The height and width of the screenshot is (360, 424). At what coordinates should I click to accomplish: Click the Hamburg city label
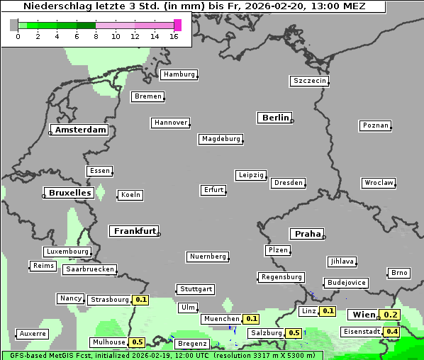pos(179,74)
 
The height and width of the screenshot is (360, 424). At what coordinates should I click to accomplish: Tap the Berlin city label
pos(275,118)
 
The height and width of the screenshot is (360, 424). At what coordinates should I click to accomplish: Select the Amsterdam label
pos(80,130)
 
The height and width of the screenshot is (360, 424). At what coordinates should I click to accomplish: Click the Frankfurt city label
pos(135,231)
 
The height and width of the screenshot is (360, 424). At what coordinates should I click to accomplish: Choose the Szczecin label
pos(310,81)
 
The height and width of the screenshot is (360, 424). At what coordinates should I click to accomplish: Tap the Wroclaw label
pos(379,183)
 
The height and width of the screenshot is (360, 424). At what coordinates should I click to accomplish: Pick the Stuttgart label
pos(196,289)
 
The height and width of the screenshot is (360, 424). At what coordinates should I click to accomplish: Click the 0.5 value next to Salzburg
pos(294,333)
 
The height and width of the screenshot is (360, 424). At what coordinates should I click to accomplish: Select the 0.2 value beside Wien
pos(391,315)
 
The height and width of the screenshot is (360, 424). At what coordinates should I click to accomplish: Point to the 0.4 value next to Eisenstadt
pos(392,332)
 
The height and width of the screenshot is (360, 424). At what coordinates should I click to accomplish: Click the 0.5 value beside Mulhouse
pos(138,342)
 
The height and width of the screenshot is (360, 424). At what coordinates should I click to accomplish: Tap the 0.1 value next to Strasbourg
pos(141,300)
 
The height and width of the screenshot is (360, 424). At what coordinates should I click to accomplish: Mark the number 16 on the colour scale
pos(174,36)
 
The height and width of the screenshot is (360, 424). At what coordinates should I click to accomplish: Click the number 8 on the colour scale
pos(96,36)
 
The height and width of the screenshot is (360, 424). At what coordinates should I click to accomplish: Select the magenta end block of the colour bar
pos(177,25)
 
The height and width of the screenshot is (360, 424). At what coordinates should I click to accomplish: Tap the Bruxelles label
pos(69,193)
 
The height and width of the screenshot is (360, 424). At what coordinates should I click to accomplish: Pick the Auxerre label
pos(33,333)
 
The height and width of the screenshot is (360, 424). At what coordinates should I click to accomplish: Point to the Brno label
pos(400,273)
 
